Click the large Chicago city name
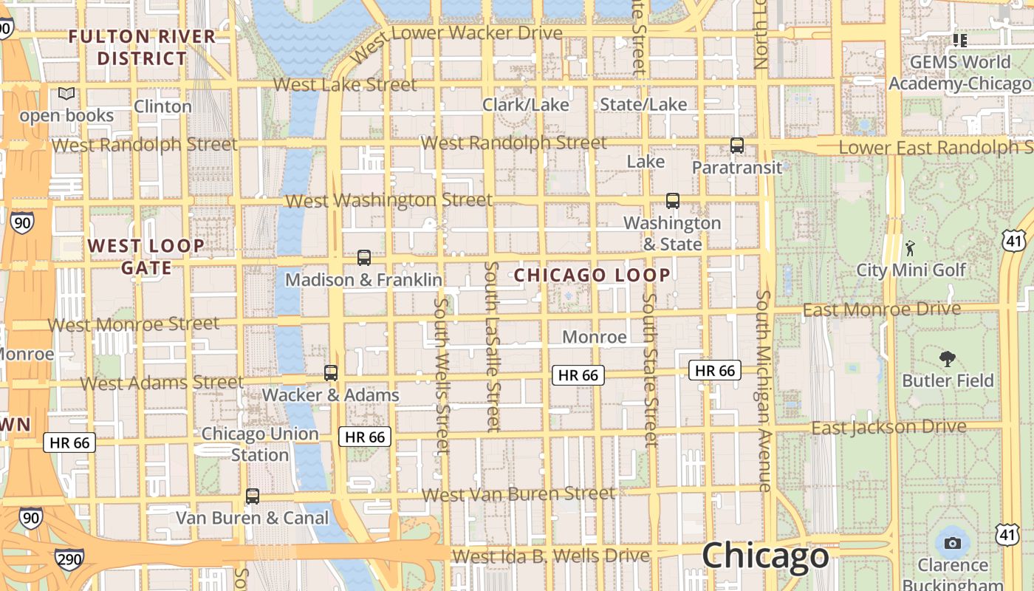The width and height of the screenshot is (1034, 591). tap(765, 556)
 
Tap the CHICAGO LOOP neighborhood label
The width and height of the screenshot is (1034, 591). tap(592, 276)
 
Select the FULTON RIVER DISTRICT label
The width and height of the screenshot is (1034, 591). tap(142, 47)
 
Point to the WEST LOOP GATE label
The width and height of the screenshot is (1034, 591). tap(146, 256)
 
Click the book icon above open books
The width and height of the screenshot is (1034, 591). tap(66, 94)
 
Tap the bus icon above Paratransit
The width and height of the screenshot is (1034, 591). tap(736, 146)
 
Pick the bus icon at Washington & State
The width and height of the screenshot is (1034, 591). tap(672, 200)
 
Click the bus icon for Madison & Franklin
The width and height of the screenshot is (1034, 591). tap(363, 258)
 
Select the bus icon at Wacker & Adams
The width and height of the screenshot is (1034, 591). tap(331, 373)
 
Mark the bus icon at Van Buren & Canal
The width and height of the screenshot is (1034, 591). tap(253, 496)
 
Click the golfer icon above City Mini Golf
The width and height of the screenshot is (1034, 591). tap(910, 247)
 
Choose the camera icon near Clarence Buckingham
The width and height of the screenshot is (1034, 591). tap(953, 544)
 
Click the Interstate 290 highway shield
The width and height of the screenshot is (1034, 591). tap(69, 559)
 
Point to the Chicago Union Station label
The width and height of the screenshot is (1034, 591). tap(260, 444)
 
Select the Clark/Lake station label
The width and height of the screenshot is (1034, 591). tap(526, 105)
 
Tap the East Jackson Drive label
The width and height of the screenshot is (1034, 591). tap(889, 427)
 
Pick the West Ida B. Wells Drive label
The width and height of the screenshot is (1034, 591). tap(550, 556)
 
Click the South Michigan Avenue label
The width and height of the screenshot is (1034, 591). tap(764, 390)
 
